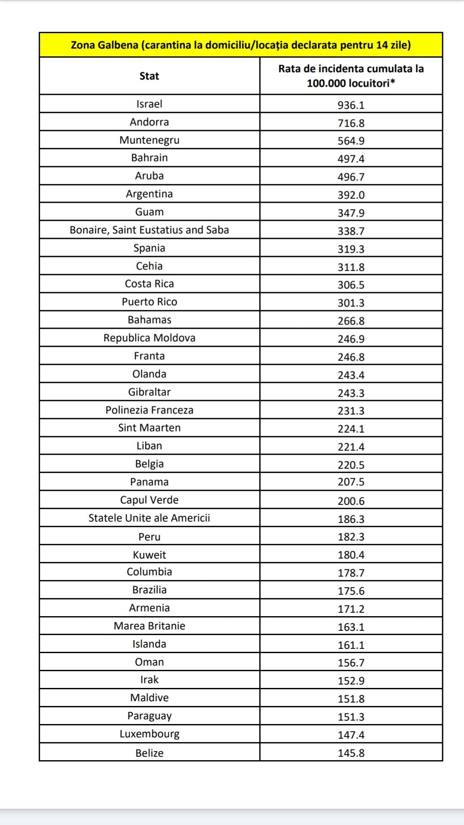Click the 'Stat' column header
point(149,76)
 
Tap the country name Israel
point(149,104)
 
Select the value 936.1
point(351,105)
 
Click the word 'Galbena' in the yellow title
point(117,45)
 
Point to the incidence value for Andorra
point(351,123)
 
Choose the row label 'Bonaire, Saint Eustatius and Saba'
point(149,230)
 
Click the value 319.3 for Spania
point(351,249)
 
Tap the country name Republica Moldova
point(149,338)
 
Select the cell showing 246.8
point(351,357)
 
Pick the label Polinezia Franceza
point(149,410)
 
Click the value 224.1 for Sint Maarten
point(351,429)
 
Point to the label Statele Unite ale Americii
point(149,518)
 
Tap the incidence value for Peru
point(351,537)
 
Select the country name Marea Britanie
point(149,626)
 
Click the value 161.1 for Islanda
point(351,645)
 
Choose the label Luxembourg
point(149,734)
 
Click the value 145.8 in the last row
point(351,753)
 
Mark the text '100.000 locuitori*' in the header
point(351,83)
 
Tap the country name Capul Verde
point(149,500)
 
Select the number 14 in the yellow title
point(382,45)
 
